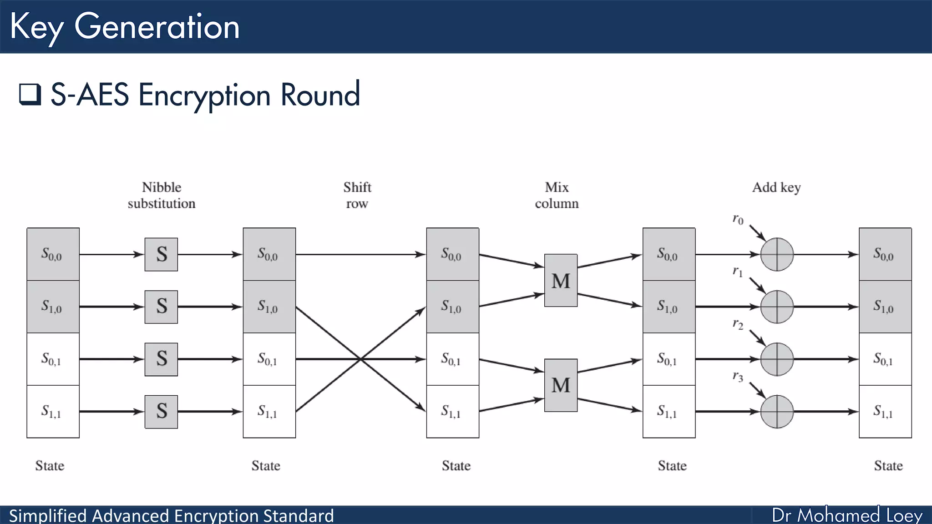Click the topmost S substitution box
[161, 254]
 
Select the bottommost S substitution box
[161, 412]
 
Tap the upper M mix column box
[561, 280]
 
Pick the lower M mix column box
[561, 385]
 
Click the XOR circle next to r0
[777, 254]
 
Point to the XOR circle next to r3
[777, 412]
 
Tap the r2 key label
[738, 324]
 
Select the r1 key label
[738, 272]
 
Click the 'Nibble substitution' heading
[162, 195]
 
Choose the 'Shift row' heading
[357, 195]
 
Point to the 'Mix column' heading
[557, 195]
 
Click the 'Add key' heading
[776, 187]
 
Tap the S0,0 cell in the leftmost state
[53, 254]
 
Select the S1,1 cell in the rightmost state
[885, 412]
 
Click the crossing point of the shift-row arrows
[360, 359]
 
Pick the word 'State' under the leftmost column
[50, 466]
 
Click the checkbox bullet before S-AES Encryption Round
[30, 94]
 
